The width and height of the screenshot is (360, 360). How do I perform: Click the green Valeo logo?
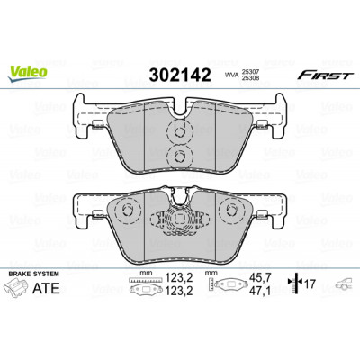point(28,73)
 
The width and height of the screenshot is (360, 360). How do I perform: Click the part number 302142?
point(180,75)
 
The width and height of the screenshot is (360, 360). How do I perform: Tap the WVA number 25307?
point(250,72)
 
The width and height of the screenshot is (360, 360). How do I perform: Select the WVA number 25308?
point(250,77)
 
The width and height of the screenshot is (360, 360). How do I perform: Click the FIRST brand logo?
point(324,76)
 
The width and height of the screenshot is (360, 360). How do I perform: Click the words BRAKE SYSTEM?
point(34,274)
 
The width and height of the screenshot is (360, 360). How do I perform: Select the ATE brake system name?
point(46,288)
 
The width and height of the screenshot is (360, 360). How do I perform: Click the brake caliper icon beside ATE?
point(17,288)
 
